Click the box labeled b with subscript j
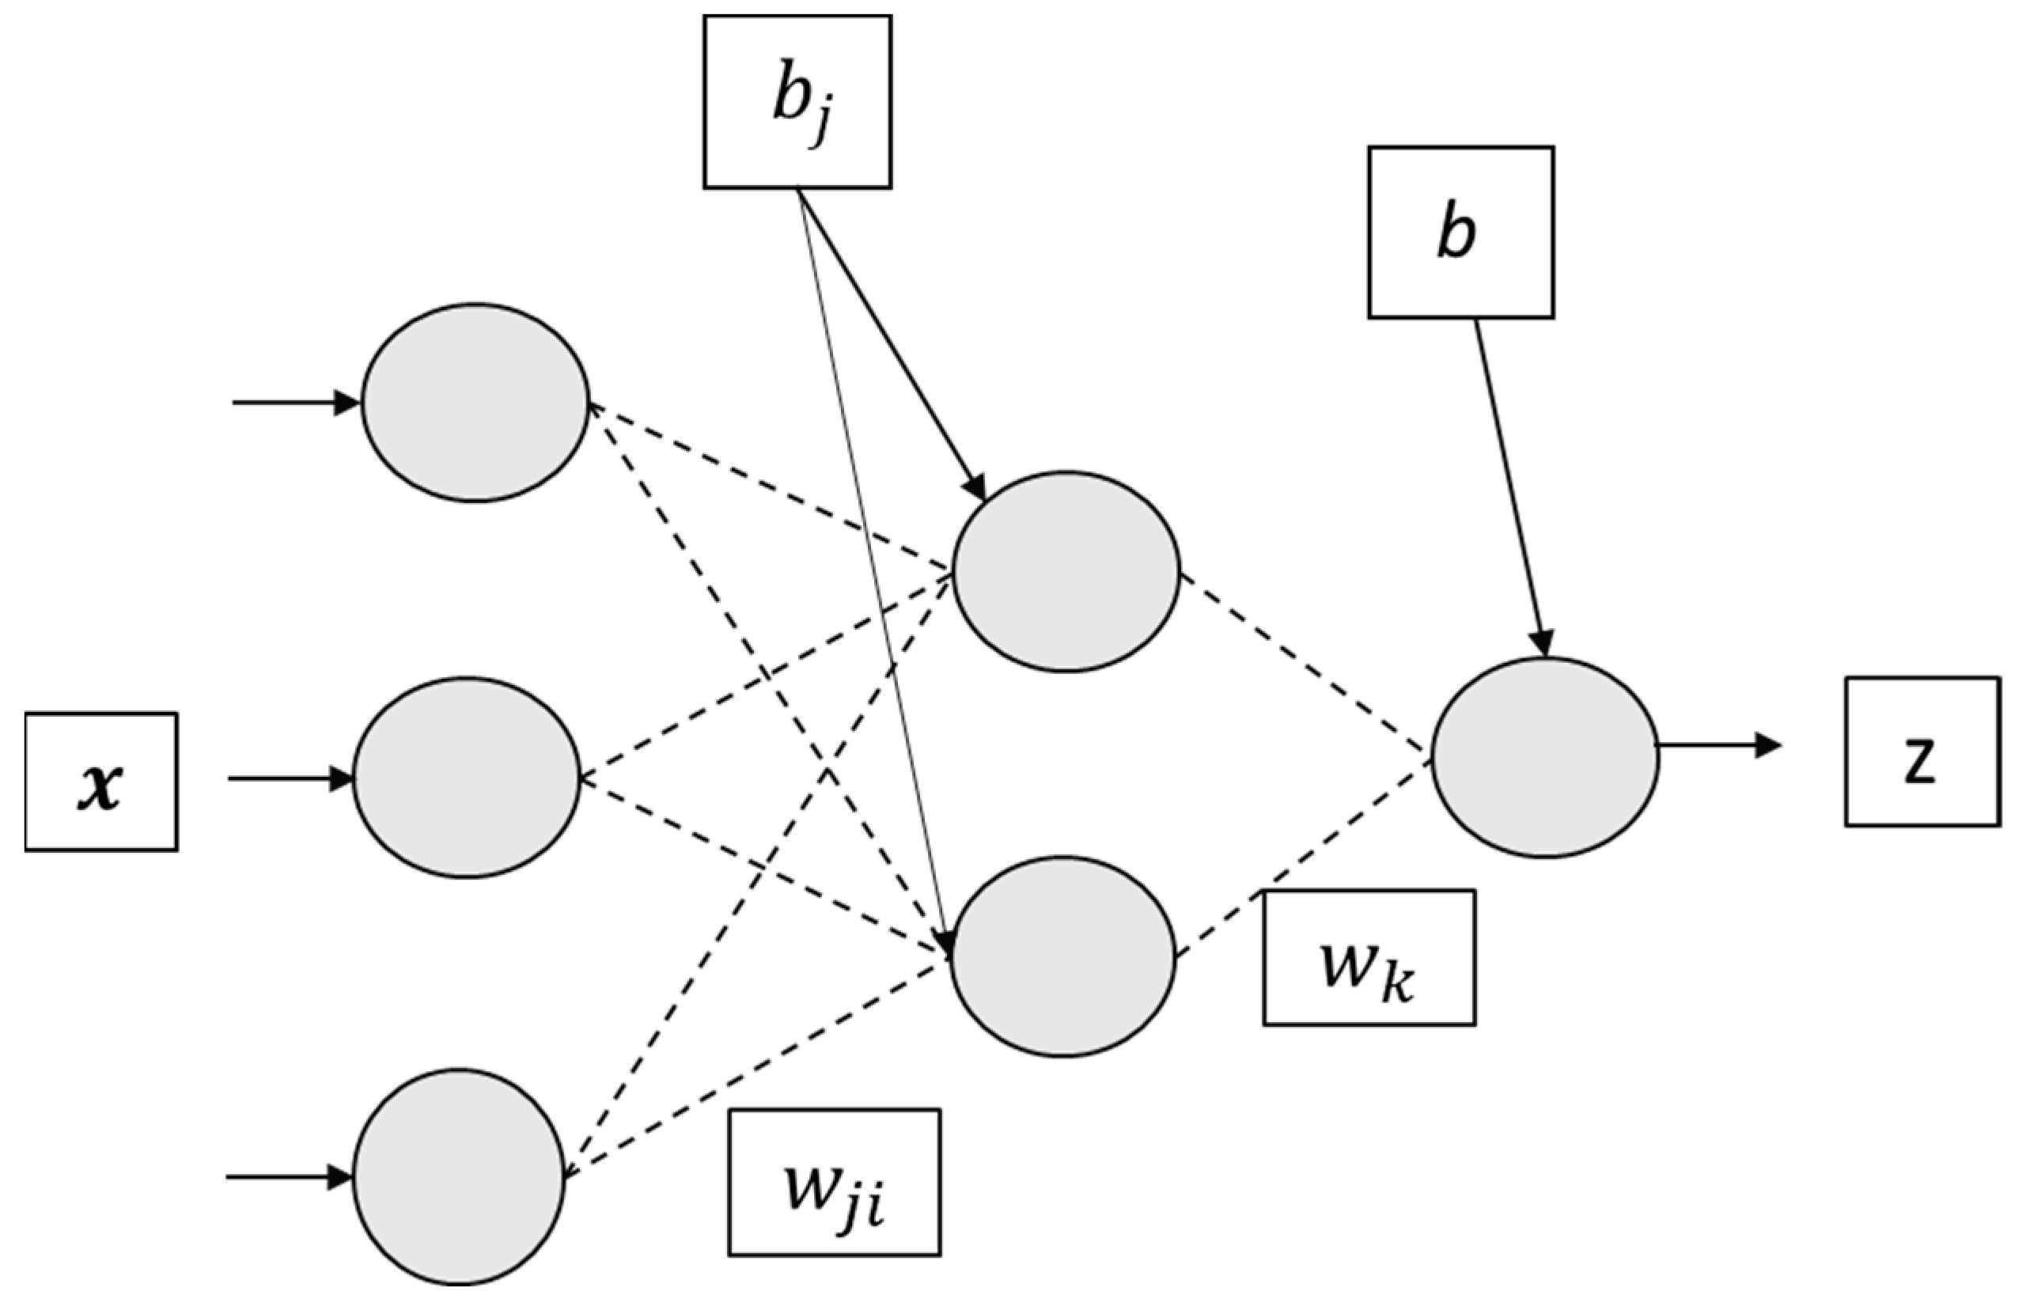coord(797,101)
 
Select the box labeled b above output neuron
coord(1460,233)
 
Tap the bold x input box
coord(101,782)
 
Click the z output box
coord(1922,752)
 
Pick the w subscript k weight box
coord(1369,958)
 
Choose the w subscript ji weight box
coord(834,1182)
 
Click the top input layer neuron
coord(475,403)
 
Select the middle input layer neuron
coord(467,778)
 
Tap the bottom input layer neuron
coord(460,1176)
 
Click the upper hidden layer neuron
coord(1066,572)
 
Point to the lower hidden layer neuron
coord(1063,957)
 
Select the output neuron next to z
coord(1544,757)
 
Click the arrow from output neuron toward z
coord(1718,745)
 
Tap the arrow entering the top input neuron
coord(293,403)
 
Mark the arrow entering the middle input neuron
coord(290,778)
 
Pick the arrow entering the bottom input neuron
coord(287,1177)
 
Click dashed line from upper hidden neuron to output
coord(1301,662)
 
